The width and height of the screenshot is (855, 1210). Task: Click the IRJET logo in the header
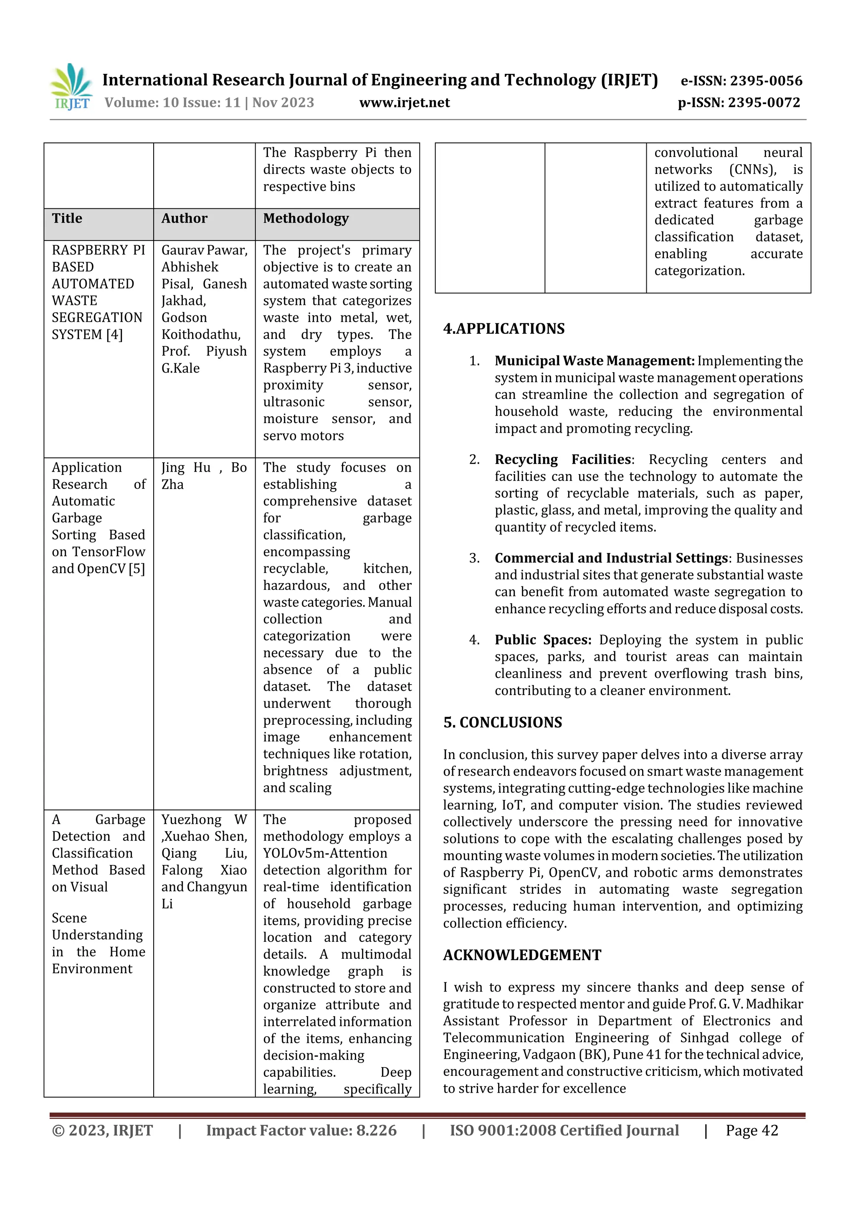71,86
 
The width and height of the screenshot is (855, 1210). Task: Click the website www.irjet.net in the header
404,102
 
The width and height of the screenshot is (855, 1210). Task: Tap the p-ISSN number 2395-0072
764,102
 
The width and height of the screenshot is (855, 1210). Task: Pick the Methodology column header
306,218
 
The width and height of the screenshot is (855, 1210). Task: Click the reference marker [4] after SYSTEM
114,335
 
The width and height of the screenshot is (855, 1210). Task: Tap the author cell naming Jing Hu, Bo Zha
204,475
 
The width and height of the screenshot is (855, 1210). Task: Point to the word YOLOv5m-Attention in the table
325,853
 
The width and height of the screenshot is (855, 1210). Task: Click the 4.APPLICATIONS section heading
503,328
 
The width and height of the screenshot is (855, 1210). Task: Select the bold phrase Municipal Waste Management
594,361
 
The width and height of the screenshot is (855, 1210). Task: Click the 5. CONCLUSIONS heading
503,722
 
